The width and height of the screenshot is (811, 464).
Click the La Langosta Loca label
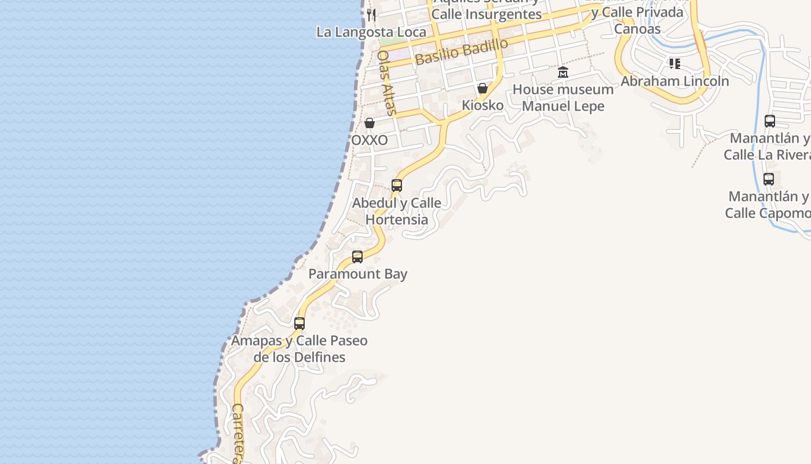click(371, 32)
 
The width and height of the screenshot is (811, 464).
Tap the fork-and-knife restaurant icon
click(371, 14)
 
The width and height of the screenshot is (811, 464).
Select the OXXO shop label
click(370, 140)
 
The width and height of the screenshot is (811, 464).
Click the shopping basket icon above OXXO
click(370, 123)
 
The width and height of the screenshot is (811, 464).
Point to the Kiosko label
click(483, 106)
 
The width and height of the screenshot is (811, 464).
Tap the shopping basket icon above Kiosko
click(482, 88)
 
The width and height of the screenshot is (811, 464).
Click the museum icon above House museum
click(563, 72)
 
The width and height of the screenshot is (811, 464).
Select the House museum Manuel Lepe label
click(563, 97)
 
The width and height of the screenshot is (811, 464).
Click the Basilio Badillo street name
click(462, 52)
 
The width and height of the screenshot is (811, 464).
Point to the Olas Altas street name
click(386, 82)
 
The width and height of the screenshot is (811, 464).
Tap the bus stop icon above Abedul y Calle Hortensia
click(397, 186)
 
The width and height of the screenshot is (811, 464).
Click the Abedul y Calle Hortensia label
click(397, 211)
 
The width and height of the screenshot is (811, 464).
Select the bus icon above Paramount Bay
click(357, 256)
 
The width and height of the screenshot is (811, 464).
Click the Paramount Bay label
click(358, 274)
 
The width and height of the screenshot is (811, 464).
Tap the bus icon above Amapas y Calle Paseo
click(299, 323)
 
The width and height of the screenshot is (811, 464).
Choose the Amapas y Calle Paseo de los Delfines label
click(299, 349)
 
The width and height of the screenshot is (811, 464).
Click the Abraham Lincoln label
click(675, 81)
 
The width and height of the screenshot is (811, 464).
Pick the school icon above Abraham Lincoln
click(674, 63)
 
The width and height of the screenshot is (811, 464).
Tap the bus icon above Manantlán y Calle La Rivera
click(770, 121)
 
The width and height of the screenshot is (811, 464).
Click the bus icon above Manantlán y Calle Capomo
click(769, 179)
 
